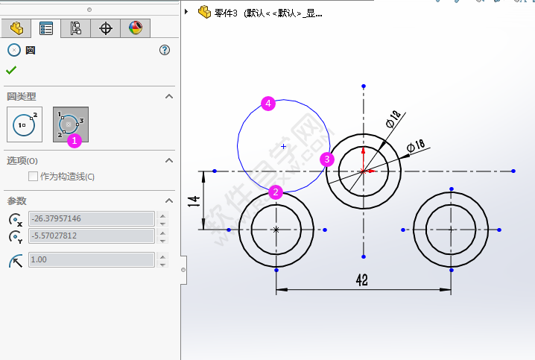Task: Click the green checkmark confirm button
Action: (x=11, y=70)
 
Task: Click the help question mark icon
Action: (x=165, y=50)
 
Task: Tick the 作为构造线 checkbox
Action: (x=33, y=177)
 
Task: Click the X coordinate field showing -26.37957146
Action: (x=91, y=218)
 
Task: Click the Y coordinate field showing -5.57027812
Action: (x=91, y=236)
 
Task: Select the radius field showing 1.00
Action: (x=91, y=259)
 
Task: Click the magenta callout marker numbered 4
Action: (x=268, y=104)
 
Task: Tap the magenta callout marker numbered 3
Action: (x=326, y=159)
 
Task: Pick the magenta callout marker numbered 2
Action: (x=276, y=192)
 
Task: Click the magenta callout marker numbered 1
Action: (x=73, y=139)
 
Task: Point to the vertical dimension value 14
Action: (x=193, y=201)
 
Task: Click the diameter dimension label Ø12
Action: (x=393, y=118)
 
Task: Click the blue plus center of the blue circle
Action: (x=283, y=147)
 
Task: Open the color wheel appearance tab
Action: (x=135, y=28)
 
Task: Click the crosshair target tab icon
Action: (x=106, y=28)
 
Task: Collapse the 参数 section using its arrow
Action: (x=169, y=200)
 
